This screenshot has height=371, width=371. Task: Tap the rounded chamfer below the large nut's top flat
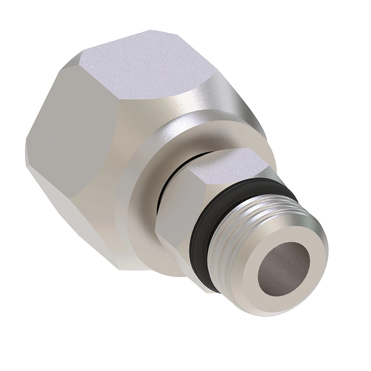[x=173, y=105]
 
